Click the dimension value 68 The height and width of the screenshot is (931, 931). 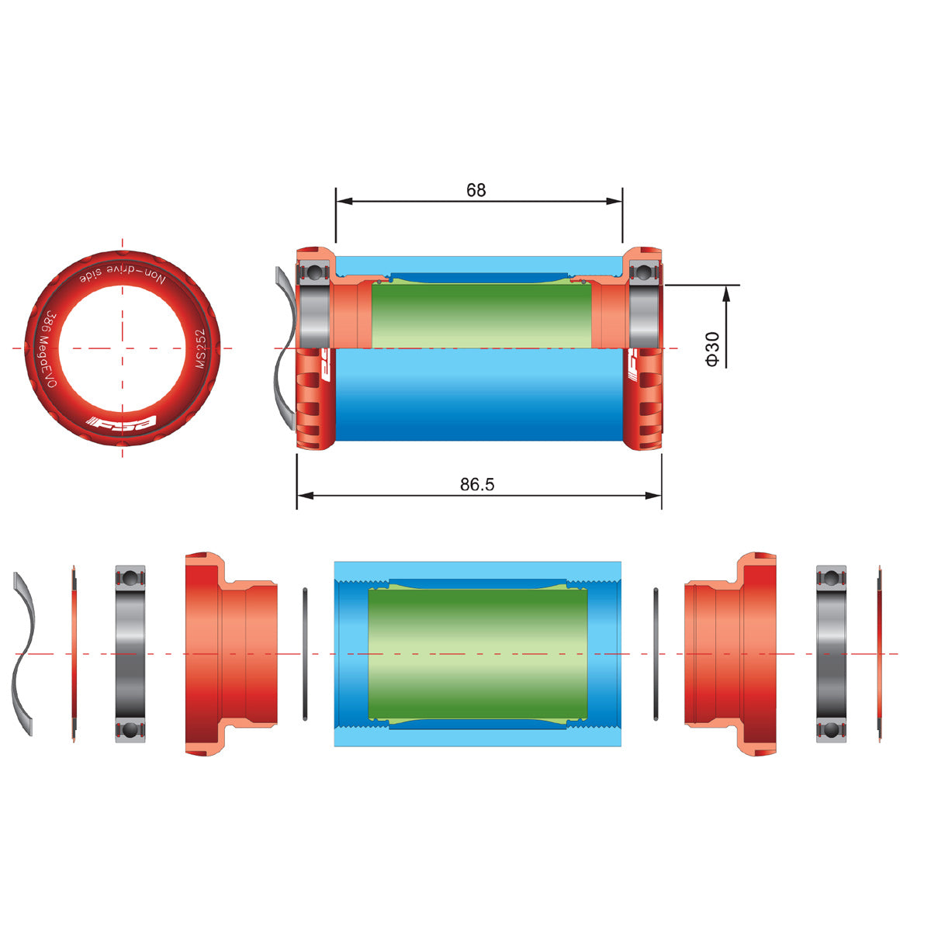[476, 190]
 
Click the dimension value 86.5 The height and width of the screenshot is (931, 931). [477, 484]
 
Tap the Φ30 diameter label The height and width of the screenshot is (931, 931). [712, 349]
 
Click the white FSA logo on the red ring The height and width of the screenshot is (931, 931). [121, 422]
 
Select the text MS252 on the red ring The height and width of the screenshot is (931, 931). [200, 348]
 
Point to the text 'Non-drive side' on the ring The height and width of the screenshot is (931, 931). [123, 276]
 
